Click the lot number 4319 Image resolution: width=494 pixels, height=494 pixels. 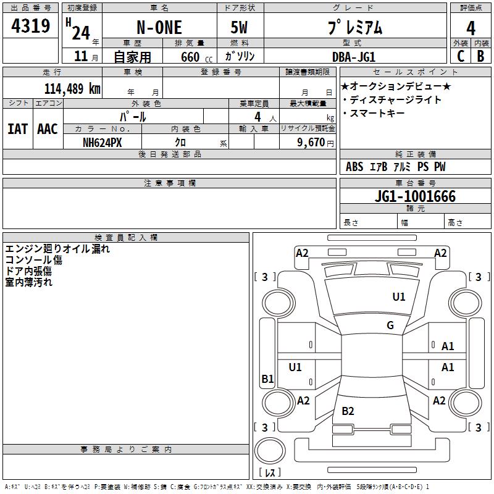[x=30, y=26]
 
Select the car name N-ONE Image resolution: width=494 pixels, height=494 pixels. [x=159, y=27]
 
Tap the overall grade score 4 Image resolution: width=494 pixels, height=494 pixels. [x=471, y=28]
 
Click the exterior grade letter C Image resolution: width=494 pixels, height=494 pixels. [x=461, y=56]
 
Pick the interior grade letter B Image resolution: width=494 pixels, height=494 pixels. [x=481, y=56]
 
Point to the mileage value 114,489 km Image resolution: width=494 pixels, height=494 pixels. [x=72, y=89]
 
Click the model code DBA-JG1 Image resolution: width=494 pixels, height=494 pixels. [x=354, y=57]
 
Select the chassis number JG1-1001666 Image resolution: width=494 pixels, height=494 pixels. [x=415, y=196]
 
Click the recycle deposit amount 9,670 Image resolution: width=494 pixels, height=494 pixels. [x=311, y=143]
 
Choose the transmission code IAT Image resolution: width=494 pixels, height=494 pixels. [x=18, y=129]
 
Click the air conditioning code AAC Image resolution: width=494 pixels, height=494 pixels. [x=48, y=129]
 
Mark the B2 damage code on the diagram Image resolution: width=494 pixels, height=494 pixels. [x=348, y=411]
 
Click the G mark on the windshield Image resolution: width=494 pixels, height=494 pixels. [x=390, y=325]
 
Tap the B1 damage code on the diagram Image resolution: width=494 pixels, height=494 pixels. [x=268, y=379]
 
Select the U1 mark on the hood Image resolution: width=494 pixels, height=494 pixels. [x=399, y=297]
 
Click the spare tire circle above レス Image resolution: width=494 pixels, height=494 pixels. [x=270, y=450]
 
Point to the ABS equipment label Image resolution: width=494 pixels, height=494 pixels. [x=354, y=167]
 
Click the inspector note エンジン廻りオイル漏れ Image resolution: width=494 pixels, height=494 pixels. [x=57, y=249]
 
